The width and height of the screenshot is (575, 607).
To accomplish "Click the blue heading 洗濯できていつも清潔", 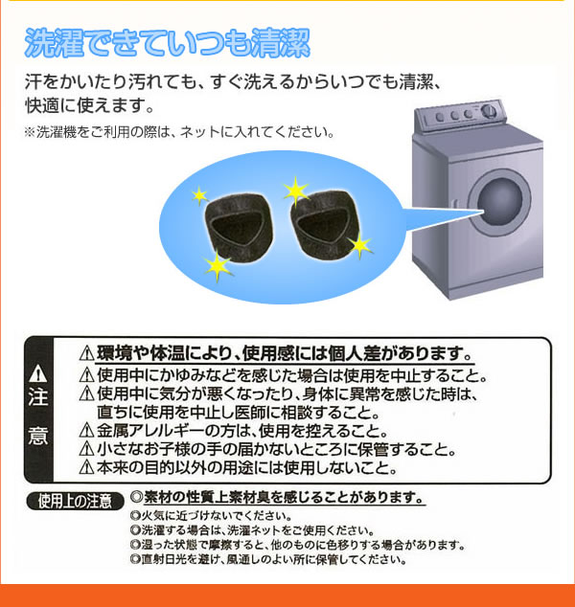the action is [x=167, y=43].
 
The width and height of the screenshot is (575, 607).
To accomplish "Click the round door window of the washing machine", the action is [x=500, y=202].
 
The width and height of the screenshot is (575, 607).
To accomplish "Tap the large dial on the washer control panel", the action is [x=489, y=110].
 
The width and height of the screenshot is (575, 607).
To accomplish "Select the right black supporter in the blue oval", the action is [x=325, y=224].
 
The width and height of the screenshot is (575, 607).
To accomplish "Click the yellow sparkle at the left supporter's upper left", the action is [x=199, y=196].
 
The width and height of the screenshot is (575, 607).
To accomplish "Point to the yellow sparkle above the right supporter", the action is [x=296, y=191].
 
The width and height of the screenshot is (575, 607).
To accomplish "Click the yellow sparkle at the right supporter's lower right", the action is [x=360, y=245].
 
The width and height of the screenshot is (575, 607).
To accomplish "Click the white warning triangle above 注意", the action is [x=38, y=373].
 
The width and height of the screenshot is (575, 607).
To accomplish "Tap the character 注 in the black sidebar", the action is [x=38, y=398].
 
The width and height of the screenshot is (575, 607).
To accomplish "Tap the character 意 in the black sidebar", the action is [x=38, y=436].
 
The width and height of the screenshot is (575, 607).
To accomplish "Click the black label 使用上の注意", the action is [x=75, y=502].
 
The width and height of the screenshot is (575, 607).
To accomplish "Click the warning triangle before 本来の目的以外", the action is [x=86, y=467].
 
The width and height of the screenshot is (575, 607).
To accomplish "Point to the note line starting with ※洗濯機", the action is [x=179, y=132].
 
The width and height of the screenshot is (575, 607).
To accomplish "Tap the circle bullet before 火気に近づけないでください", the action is [x=135, y=516].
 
